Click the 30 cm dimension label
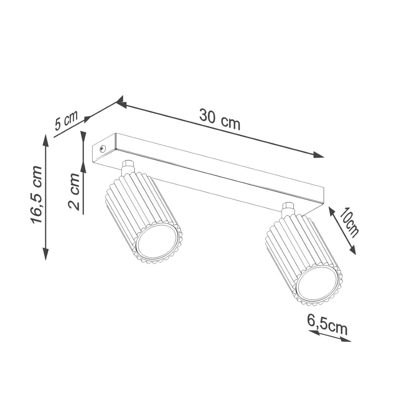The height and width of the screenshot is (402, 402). coord(219,120)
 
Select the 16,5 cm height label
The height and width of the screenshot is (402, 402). coord(36,194)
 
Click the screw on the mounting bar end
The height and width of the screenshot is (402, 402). coord(102,148)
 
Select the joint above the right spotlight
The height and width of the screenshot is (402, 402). coord(288,209)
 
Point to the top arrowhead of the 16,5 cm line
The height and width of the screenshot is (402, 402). coord(46,141)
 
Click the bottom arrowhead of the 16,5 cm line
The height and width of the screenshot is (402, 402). coord(46,254)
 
